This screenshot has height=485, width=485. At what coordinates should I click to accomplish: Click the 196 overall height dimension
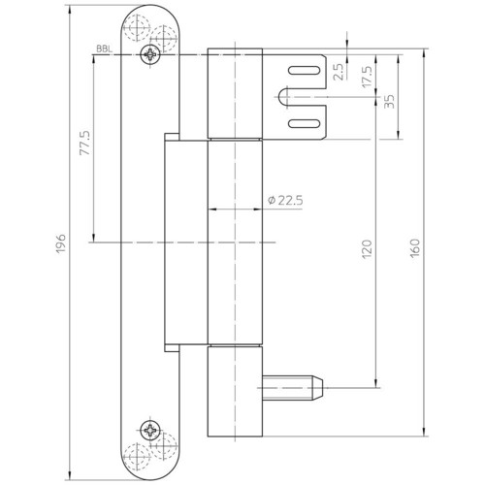(61, 243)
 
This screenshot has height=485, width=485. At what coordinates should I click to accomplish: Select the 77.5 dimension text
(85, 143)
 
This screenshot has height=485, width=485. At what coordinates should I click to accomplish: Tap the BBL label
(105, 49)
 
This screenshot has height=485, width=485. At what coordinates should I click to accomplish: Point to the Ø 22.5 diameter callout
(285, 201)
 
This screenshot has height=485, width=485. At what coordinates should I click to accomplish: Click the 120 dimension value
(368, 249)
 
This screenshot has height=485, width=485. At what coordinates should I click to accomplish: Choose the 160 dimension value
(414, 248)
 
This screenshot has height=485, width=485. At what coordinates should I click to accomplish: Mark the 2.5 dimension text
(339, 72)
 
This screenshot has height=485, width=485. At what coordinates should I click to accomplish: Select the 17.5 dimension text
(367, 77)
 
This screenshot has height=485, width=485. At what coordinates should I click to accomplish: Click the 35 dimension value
(389, 101)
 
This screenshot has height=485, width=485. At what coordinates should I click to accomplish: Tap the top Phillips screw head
(150, 54)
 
